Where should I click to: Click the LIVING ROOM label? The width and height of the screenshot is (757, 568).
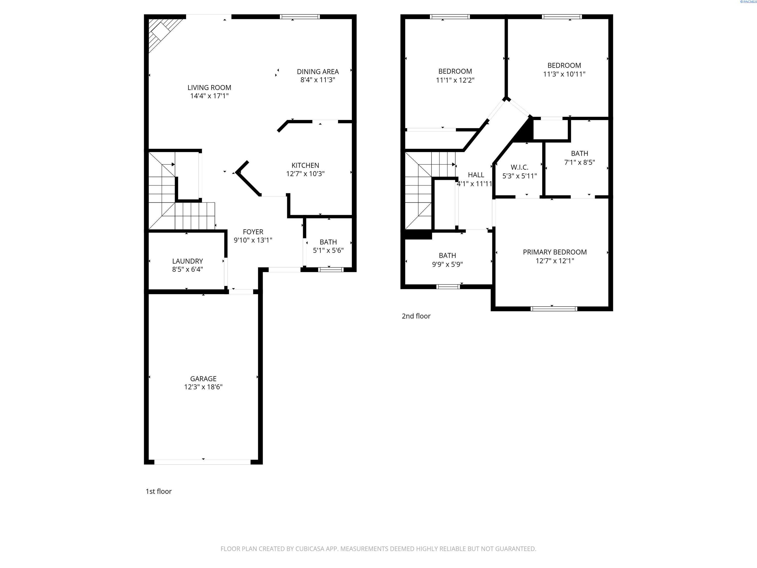pyautogui.click(x=209, y=88)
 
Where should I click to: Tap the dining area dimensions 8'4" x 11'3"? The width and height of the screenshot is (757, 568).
pyautogui.click(x=318, y=80)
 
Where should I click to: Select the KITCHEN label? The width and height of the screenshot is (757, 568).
pyautogui.click(x=305, y=165)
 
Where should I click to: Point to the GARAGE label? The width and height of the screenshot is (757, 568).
pyautogui.click(x=203, y=379)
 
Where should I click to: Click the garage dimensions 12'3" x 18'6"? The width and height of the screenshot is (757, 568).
pyautogui.click(x=203, y=387)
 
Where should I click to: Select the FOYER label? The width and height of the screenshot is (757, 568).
pyautogui.click(x=253, y=232)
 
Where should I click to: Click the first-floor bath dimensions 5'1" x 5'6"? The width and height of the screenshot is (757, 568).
pyautogui.click(x=328, y=250)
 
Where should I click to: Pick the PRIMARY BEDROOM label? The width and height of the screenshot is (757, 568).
pyautogui.click(x=555, y=252)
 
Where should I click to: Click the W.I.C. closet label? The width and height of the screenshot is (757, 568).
pyautogui.click(x=519, y=167)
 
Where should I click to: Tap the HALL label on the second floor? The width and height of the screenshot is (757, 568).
pyautogui.click(x=476, y=175)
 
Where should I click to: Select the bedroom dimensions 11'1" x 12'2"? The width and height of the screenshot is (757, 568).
pyautogui.click(x=455, y=80)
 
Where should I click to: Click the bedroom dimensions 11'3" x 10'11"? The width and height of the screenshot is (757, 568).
pyautogui.click(x=564, y=74)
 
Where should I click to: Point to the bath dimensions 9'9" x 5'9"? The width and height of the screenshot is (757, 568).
pyautogui.click(x=447, y=264)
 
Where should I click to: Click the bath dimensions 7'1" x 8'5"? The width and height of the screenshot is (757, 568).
pyautogui.click(x=579, y=162)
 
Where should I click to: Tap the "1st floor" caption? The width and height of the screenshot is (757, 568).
pyautogui.click(x=158, y=491)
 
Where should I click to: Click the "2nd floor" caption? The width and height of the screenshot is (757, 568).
pyautogui.click(x=416, y=316)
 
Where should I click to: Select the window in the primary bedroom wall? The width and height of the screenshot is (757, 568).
pyautogui.click(x=554, y=308)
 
